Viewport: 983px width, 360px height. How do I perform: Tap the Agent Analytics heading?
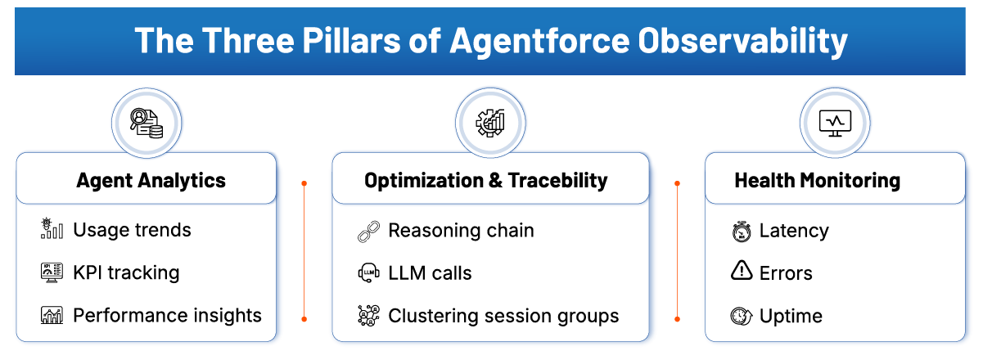(x=151, y=180)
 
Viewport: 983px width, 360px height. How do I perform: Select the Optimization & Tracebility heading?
(x=486, y=180)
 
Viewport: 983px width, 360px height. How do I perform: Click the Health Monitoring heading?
(x=817, y=180)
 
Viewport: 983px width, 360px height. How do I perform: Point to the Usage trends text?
(x=132, y=230)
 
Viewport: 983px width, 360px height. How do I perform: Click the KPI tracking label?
(x=126, y=272)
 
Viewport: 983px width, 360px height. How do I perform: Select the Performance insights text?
(x=167, y=315)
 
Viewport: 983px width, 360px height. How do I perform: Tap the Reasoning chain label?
(x=461, y=231)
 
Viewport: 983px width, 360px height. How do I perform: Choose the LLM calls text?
(x=430, y=273)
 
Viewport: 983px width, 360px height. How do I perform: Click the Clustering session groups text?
(x=503, y=316)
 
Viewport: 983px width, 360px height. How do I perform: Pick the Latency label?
(x=794, y=231)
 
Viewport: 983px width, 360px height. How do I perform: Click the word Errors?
(x=786, y=273)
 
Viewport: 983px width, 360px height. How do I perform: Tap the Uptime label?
(x=791, y=316)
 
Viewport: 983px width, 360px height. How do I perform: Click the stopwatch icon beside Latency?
(x=742, y=232)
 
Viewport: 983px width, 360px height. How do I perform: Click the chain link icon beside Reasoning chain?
(x=368, y=232)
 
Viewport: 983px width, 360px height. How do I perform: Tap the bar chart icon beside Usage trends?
(x=52, y=230)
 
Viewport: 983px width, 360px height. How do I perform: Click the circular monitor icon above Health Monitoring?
(x=836, y=122)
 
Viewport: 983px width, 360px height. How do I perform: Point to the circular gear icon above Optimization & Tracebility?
(x=490, y=122)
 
